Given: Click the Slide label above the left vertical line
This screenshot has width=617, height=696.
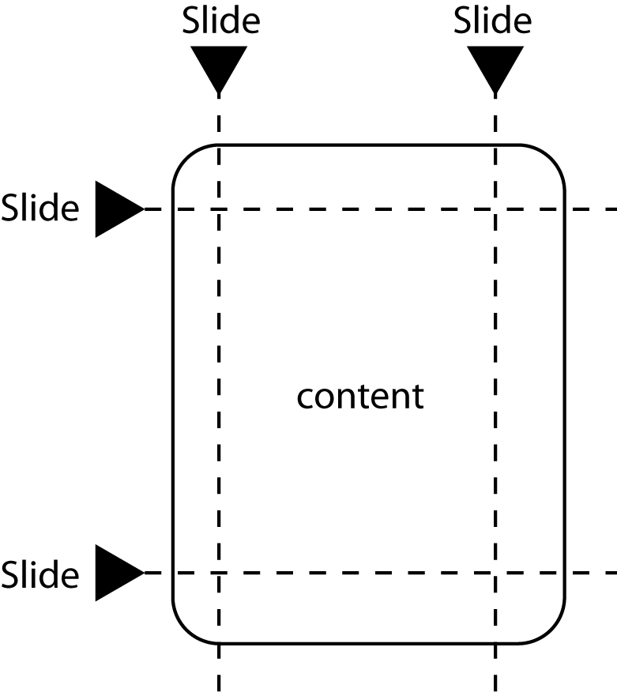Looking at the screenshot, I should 220,21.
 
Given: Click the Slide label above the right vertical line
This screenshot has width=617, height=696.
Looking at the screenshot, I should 492,21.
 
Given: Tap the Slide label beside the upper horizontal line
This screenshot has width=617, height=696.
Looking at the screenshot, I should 40,209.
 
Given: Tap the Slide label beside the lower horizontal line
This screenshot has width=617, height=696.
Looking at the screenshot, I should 40,574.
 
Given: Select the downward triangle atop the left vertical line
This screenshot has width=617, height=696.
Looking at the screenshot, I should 219,68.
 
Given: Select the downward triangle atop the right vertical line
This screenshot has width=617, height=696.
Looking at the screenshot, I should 495,68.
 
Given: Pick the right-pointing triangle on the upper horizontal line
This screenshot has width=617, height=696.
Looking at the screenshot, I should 116,209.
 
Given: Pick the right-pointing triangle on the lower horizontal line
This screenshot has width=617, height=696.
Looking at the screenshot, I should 116,573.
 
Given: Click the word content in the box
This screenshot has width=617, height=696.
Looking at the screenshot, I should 360,396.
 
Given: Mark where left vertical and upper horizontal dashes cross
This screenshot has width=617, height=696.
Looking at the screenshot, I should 219,209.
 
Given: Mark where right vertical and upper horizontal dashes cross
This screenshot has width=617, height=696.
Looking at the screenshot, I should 495,209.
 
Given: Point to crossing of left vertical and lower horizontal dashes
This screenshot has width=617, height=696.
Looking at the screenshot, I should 219,573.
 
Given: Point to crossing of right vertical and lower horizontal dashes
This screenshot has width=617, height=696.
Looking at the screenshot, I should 495,573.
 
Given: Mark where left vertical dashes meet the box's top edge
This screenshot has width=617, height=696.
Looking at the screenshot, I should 219,145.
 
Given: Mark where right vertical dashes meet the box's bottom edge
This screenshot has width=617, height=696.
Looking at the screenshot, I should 495,642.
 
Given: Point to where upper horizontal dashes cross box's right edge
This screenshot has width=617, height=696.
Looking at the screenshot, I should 565,209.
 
